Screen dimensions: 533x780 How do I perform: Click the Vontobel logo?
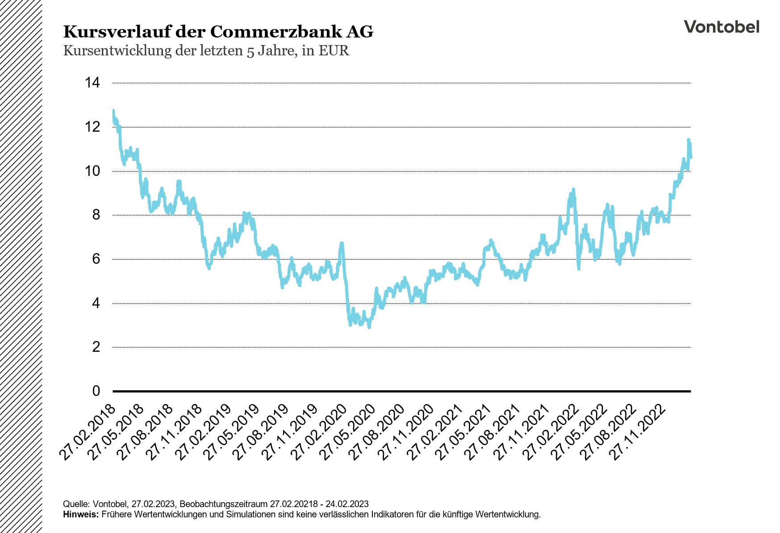click(721, 27)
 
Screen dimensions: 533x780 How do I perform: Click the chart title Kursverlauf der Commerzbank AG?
click(218, 32)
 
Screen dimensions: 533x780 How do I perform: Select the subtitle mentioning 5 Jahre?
click(206, 50)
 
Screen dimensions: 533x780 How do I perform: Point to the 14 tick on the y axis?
click(92, 83)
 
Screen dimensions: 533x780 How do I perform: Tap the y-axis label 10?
click(92, 171)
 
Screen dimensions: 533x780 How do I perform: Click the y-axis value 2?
click(96, 347)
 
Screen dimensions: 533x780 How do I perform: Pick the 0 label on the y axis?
click(96, 391)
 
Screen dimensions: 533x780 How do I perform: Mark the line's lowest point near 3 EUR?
click(369, 327)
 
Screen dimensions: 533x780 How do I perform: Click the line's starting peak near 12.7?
click(113, 111)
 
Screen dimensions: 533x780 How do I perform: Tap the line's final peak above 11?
click(688, 140)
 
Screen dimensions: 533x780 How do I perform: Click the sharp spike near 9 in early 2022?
click(573, 190)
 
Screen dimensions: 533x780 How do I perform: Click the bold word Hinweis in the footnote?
click(81, 514)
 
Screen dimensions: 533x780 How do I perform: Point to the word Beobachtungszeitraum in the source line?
click(224, 504)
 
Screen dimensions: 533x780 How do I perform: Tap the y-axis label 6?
click(96, 259)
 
